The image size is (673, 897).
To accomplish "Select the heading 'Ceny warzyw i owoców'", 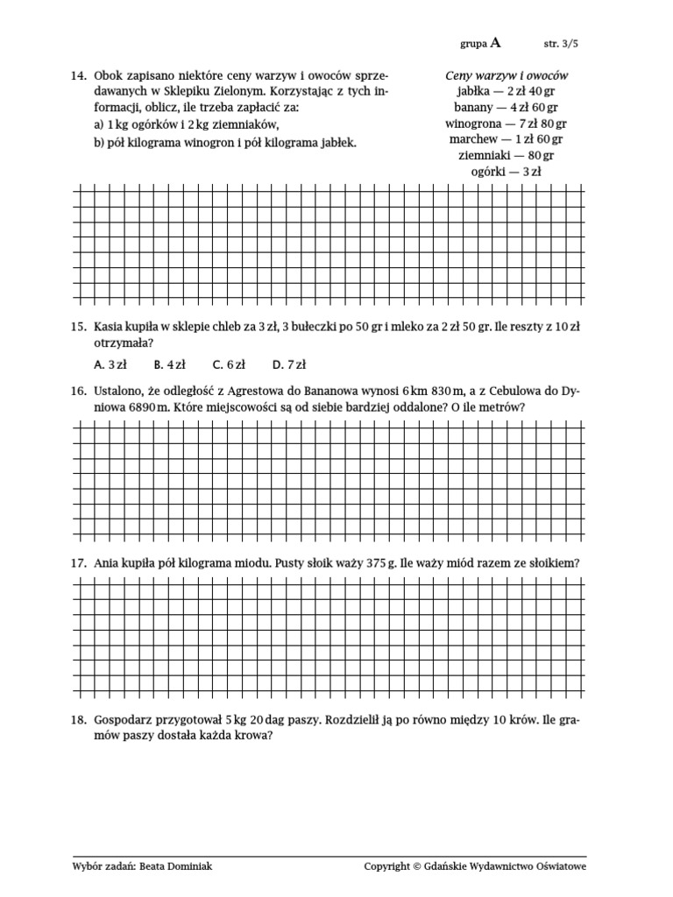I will pyautogui.click(x=507, y=76).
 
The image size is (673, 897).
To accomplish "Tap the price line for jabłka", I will pyautogui.click(x=507, y=92).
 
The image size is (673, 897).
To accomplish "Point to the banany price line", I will pyautogui.click(x=507, y=108).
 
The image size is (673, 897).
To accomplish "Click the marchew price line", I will pyautogui.click(x=507, y=139).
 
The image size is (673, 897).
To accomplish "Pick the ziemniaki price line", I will pyautogui.click(x=507, y=156).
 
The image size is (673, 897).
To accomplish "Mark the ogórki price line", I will pyautogui.click(x=507, y=172).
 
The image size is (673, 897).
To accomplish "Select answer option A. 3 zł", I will pyautogui.click(x=110, y=364).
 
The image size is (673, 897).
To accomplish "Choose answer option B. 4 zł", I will pyautogui.click(x=169, y=364).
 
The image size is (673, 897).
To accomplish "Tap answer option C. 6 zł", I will pyautogui.click(x=229, y=364).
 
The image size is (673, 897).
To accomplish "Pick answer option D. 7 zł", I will pyautogui.click(x=288, y=364).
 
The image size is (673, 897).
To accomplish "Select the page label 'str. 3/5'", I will pyautogui.click(x=562, y=42).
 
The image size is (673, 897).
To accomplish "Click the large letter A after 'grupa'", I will pyautogui.click(x=497, y=41).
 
